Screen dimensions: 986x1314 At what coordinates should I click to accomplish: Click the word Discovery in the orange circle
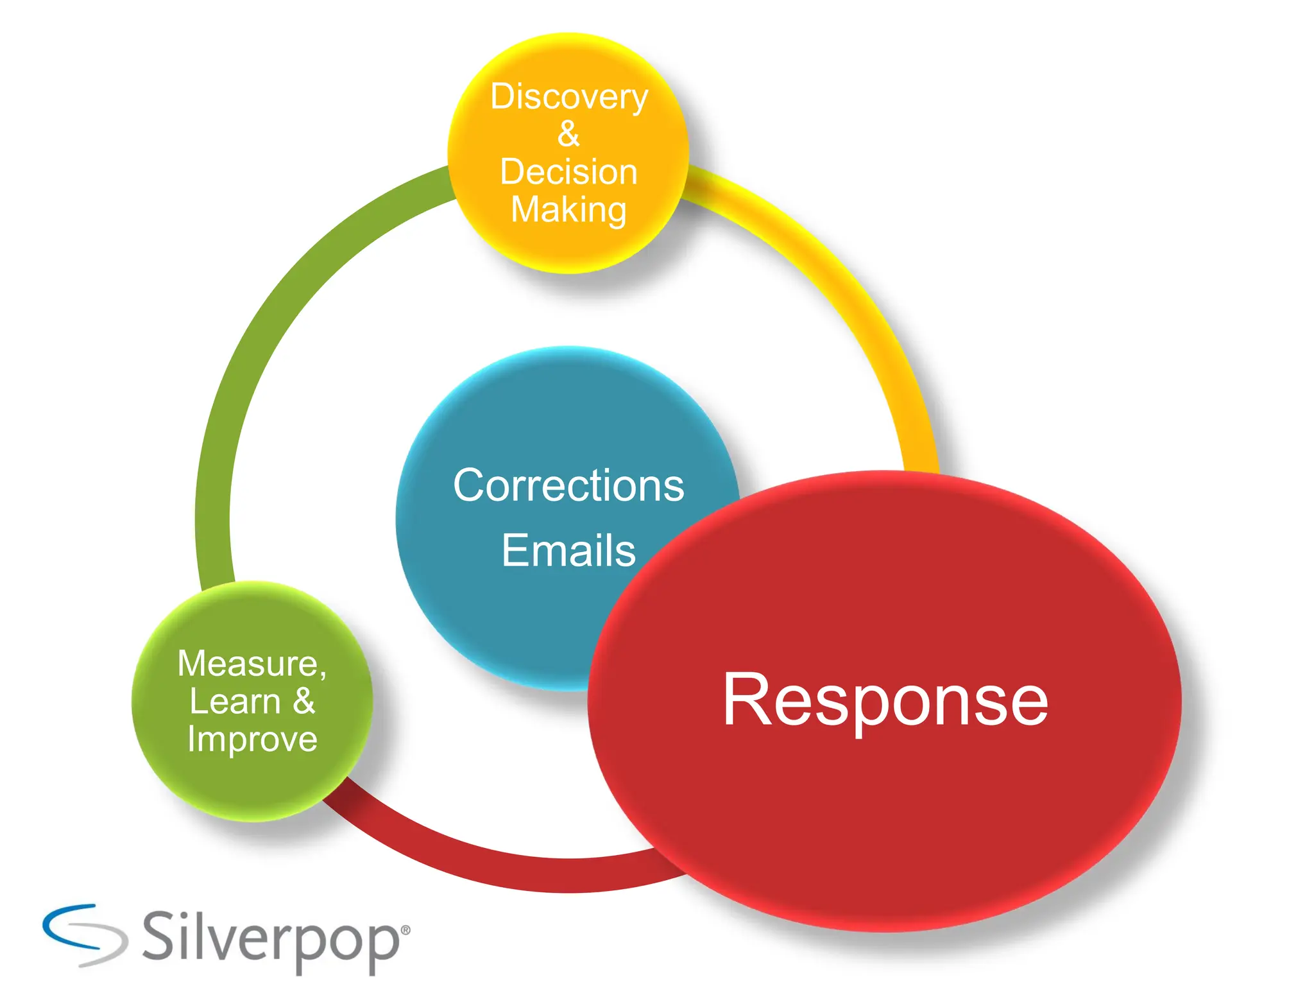point(569,98)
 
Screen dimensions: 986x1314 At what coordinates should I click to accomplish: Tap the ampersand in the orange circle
point(568,134)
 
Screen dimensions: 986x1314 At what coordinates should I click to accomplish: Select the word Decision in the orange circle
point(568,172)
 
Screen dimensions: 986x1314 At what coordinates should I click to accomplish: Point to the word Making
point(568,210)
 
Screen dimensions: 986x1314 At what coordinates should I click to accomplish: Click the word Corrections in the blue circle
point(568,485)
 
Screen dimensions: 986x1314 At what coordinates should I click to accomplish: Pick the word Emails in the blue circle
point(568,551)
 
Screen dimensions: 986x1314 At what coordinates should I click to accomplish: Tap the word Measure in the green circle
point(248,663)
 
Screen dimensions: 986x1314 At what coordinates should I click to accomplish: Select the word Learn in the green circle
point(235,701)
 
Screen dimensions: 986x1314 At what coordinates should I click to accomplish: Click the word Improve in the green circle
point(252,739)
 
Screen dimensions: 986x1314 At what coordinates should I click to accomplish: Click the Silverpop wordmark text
point(269,938)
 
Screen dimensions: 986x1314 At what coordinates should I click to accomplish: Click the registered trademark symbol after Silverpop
point(405,930)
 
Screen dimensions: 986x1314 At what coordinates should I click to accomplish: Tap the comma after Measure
point(322,673)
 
